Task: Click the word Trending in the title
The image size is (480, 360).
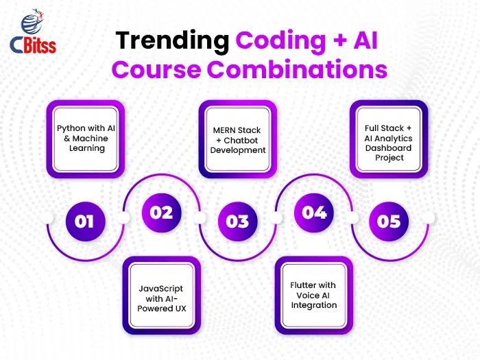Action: pos(172,40)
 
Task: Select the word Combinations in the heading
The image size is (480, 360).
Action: pos(297,69)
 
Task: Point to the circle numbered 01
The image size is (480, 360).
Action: pos(86,221)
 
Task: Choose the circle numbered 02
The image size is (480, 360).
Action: pos(162,213)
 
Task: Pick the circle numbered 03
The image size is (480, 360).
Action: pos(237,221)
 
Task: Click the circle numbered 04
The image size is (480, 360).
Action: pos(314,213)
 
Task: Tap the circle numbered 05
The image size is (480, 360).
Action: pos(389,221)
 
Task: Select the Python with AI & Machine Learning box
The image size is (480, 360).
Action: pos(86,139)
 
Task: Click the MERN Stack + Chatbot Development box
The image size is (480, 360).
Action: pos(238,139)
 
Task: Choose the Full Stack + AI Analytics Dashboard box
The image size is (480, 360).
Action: pos(389,139)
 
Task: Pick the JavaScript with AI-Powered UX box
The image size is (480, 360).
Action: pos(162,296)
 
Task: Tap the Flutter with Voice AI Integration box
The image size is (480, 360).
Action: pos(314,296)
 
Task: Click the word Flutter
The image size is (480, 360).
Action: pos(302,285)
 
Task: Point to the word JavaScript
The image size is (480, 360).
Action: pos(161,289)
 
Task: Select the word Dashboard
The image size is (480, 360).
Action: pos(389,148)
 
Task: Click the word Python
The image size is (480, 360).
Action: pos(71,129)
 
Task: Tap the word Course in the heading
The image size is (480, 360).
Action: pos(156,70)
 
